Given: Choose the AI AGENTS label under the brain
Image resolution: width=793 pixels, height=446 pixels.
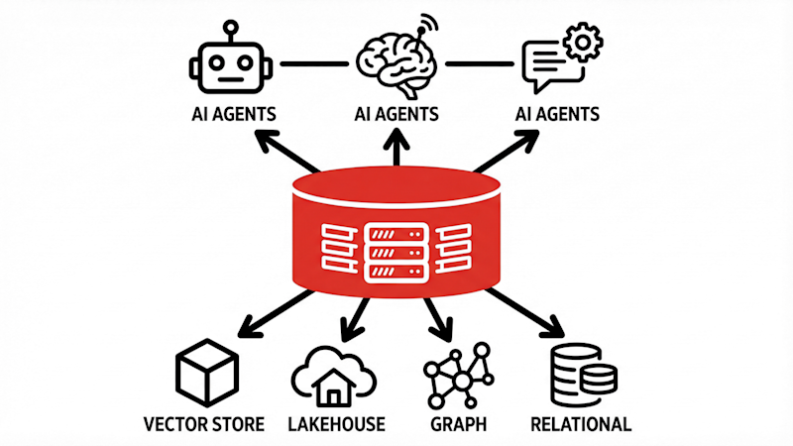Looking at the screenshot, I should click(x=396, y=113).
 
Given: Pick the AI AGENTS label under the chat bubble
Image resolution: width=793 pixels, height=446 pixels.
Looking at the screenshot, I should click(x=557, y=113).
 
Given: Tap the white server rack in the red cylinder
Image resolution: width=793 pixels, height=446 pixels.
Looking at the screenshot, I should click(x=396, y=251).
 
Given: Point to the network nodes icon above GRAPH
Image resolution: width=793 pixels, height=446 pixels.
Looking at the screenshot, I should click(x=458, y=377).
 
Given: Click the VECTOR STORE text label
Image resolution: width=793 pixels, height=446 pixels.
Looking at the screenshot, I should click(x=203, y=424).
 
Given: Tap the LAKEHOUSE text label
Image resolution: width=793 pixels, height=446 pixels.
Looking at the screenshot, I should click(x=334, y=424).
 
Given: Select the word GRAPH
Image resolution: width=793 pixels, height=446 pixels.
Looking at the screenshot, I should click(x=458, y=424).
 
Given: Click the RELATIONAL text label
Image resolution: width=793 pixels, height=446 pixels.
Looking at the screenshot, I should click(x=581, y=424).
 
